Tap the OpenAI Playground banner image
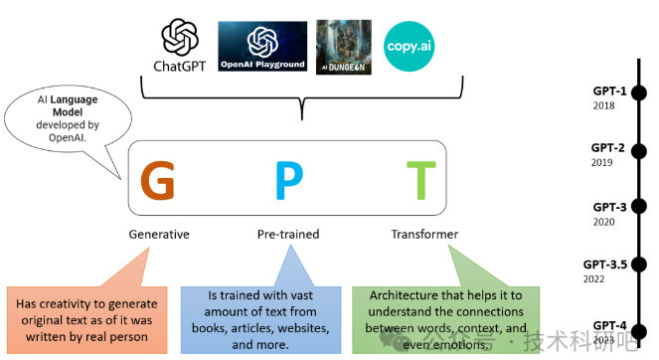[262, 46]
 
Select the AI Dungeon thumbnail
[343, 46]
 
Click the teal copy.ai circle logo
[409, 46]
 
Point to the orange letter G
[158, 179]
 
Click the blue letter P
[288, 179]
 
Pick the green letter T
[419, 179]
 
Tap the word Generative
[159, 235]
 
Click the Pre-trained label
[288, 235]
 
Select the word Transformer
[424, 235]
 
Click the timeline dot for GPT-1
[639, 92]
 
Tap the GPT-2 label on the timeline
[609, 148]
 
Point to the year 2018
[602, 104]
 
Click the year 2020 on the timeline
[602, 222]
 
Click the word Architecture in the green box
[402, 296]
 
